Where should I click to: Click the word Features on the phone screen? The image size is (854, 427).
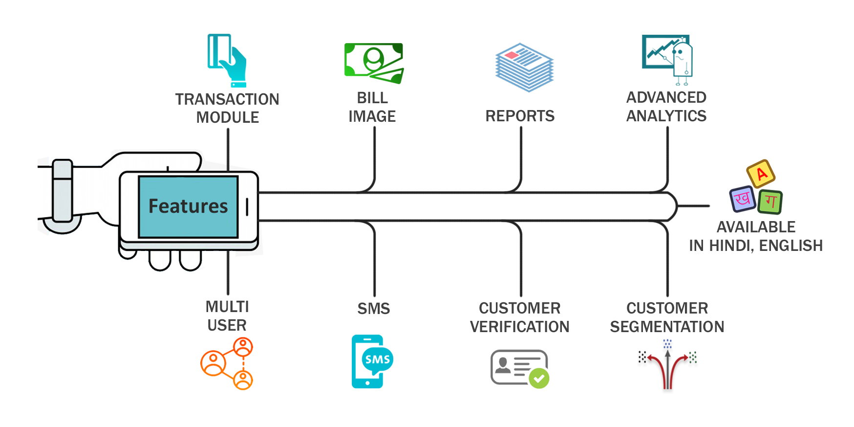click(x=188, y=206)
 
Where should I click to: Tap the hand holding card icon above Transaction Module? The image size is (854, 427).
click(x=227, y=61)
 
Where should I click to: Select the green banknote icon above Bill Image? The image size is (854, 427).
click(x=374, y=63)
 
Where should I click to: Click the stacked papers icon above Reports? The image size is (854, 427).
click(x=524, y=67)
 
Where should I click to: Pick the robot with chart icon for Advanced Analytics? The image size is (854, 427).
click(x=667, y=59)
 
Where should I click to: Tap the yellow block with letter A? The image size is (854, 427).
click(x=761, y=174)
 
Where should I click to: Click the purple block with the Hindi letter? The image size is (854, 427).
click(x=743, y=199)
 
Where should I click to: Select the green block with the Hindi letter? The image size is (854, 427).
click(x=770, y=202)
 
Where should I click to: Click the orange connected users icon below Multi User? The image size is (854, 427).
click(x=227, y=363)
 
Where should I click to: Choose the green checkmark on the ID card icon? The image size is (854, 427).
click(x=539, y=378)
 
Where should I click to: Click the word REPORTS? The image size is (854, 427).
click(x=520, y=116)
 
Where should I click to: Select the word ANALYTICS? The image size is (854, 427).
click(x=666, y=116)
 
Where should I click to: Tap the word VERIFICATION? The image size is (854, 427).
click(x=519, y=327)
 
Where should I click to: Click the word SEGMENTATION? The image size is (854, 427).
click(x=667, y=327)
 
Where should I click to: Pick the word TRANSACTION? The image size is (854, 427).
click(x=227, y=99)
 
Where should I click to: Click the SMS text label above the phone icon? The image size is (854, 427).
click(x=374, y=309)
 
